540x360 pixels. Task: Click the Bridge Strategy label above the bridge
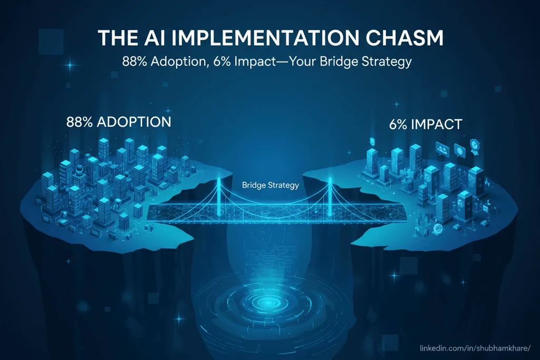pyautogui.click(x=270, y=185)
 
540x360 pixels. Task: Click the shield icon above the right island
pyautogui.click(x=372, y=141)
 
